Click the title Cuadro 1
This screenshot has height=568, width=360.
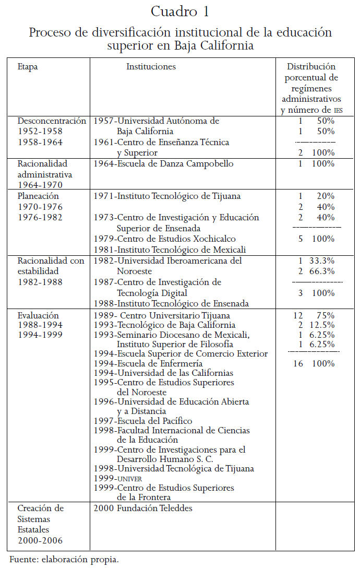(x=179, y=11)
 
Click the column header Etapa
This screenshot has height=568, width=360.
(x=28, y=67)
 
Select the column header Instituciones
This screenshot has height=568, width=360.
(x=151, y=67)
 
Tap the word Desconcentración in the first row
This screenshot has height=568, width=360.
(x=52, y=121)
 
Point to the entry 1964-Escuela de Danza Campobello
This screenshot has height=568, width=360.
(x=163, y=164)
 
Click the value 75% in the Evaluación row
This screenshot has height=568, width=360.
(x=326, y=315)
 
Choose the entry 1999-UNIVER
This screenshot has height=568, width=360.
(x=117, y=478)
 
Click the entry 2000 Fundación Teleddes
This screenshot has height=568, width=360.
(x=143, y=507)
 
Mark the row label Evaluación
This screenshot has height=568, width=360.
(x=38, y=315)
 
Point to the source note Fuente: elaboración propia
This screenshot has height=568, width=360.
(x=64, y=560)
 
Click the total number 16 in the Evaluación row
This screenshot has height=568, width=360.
(x=298, y=363)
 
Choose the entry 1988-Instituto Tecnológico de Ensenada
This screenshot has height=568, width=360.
(x=171, y=303)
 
